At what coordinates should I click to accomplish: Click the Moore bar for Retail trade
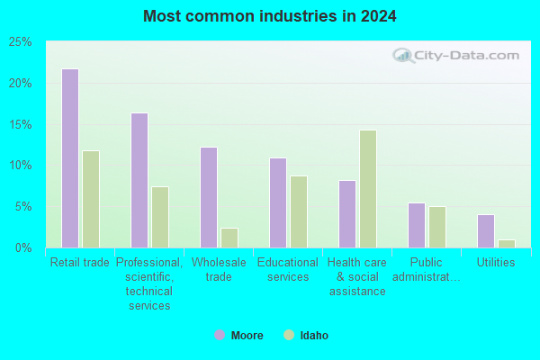tap(70, 158)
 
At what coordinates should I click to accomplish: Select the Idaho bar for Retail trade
tap(91, 199)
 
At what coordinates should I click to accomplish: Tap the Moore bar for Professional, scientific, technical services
tap(139, 180)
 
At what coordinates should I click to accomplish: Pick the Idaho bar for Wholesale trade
tap(229, 238)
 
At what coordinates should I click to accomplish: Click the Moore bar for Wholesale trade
tap(209, 197)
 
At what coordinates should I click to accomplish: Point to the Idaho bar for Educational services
tap(299, 211)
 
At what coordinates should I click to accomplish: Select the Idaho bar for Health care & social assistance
tap(368, 189)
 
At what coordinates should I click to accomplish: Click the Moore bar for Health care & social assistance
tap(347, 214)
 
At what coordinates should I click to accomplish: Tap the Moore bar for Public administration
tap(417, 225)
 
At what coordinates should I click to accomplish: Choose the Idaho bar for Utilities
tap(507, 244)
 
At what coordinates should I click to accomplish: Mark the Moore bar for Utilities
tap(486, 231)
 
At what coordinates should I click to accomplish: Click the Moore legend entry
tap(238, 335)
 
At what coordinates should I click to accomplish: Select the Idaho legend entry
tap(306, 335)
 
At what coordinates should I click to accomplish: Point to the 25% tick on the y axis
tap(21, 42)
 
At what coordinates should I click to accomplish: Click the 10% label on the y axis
tap(21, 166)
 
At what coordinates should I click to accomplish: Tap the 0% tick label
tap(23, 247)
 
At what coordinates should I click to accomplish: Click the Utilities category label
tap(496, 263)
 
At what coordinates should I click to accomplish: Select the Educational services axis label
tap(288, 270)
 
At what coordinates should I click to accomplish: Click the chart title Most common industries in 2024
tap(270, 16)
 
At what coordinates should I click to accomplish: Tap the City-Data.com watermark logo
tap(456, 56)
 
